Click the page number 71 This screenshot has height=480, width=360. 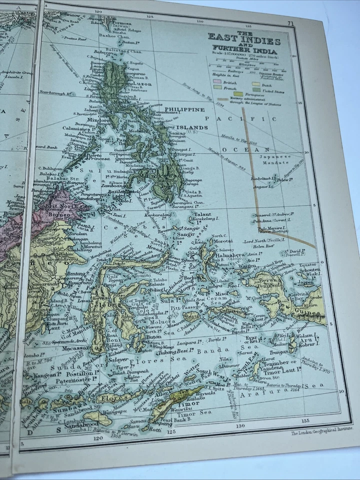[x=290, y=23]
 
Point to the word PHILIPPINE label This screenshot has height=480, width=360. [x=184, y=109]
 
